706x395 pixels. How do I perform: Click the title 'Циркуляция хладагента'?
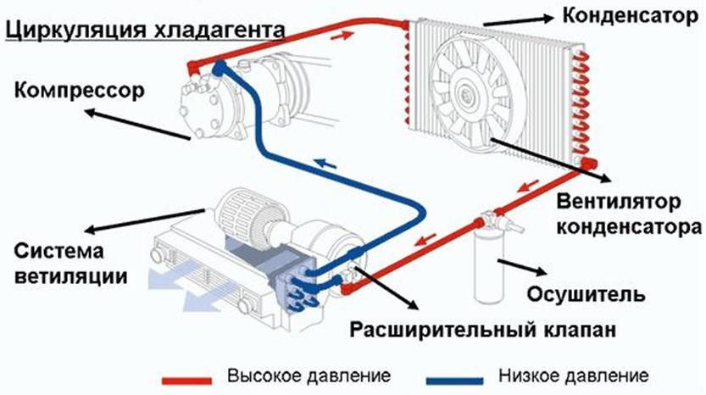(x=143, y=31)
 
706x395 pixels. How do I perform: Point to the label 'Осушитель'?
(x=586, y=294)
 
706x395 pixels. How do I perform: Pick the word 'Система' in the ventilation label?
(x=58, y=252)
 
